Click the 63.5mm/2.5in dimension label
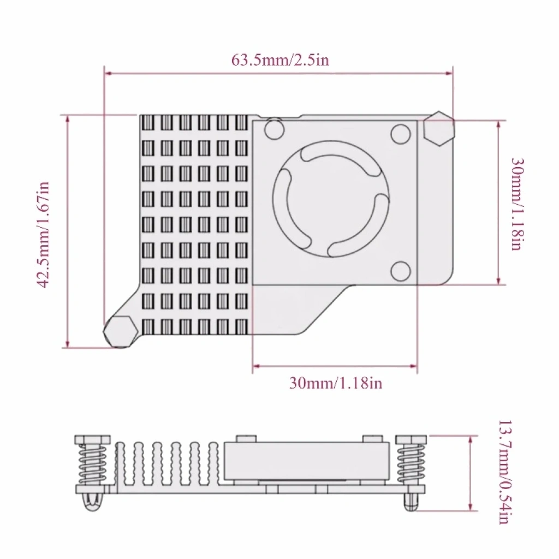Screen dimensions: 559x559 coord(280,60)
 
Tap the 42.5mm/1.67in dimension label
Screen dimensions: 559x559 coord(43,235)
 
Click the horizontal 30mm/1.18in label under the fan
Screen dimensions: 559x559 coord(336,383)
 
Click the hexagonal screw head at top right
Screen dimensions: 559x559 coord(439,128)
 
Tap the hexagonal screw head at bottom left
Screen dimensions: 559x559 coord(121,331)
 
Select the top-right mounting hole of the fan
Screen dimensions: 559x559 coord(401,134)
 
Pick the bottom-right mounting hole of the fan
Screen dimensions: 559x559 coord(401,271)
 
